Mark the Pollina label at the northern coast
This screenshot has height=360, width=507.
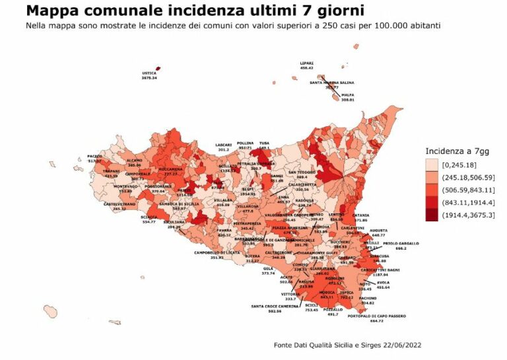tap(245, 144)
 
